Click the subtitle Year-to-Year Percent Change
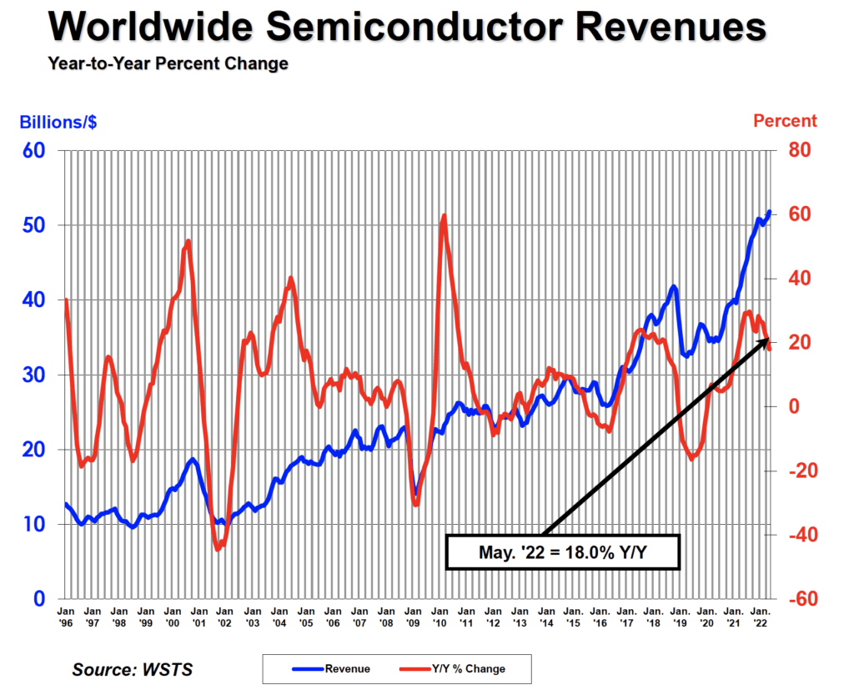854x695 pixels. (168, 63)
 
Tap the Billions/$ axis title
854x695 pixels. (58, 122)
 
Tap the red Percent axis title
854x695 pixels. (785, 121)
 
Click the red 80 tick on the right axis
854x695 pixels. (797, 151)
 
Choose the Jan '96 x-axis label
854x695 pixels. (65, 618)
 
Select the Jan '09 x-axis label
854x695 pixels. (413, 618)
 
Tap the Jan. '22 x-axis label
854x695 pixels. (761, 618)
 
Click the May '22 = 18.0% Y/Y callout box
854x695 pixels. (564, 551)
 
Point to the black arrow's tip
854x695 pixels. (767, 340)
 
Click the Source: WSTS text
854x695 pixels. (126, 670)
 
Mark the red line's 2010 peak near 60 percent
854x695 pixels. (444, 216)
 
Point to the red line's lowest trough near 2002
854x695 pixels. (218, 549)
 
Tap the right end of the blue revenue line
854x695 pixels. (769, 212)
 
